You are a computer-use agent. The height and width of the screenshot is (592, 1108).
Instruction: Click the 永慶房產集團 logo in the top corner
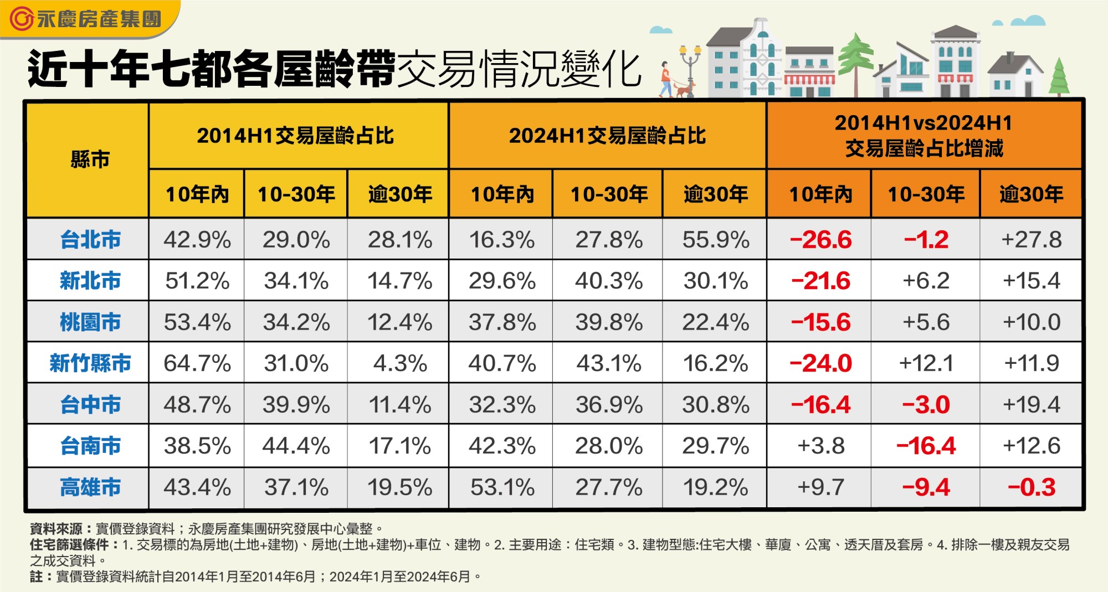click(86, 19)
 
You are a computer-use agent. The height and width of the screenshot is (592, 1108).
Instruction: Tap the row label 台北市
click(90, 240)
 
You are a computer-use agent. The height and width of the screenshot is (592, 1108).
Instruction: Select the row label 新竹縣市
click(90, 363)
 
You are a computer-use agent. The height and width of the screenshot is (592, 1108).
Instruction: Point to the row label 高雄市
click(90, 487)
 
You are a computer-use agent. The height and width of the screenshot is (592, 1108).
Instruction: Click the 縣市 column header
click(90, 159)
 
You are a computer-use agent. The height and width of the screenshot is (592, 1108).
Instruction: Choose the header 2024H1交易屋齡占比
click(607, 136)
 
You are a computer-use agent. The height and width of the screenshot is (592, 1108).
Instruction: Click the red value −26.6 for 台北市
click(820, 240)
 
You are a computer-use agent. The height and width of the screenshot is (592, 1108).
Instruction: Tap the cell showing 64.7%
click(197, 363)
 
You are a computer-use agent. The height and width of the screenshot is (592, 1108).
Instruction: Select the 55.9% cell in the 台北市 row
click(715, 240)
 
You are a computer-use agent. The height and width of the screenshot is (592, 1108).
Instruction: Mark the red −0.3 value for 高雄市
click(1032, 487)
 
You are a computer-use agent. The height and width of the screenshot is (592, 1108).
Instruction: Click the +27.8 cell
click(1032, 240)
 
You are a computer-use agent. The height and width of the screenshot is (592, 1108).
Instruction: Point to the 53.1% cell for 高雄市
click(502, 487)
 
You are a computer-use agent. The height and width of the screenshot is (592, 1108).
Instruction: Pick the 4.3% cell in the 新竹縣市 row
click(400, 363)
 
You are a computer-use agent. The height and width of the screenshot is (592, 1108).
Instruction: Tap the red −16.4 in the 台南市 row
click(926, 446)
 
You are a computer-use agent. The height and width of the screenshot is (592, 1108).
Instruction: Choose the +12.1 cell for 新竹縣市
click(926, 363)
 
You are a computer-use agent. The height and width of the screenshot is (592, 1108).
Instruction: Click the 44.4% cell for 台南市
click(296, 446)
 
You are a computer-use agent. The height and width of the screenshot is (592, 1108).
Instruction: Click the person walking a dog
click(666, 80)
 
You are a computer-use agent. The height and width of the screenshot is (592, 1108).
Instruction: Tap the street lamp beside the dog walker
click(690, 69)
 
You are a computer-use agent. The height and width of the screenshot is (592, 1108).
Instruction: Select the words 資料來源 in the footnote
click(56, 529)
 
